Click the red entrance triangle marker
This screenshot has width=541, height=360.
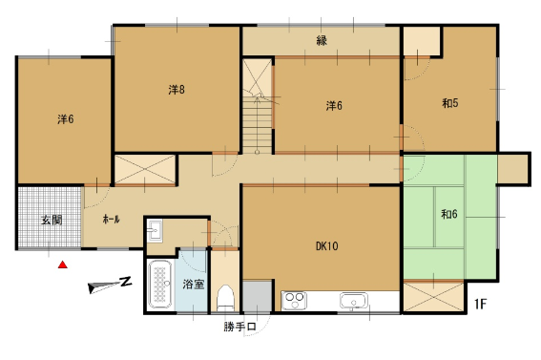tap(62, 265)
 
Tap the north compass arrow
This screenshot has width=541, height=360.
tap(110, 285)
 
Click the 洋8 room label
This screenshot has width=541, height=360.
tap(177, 90)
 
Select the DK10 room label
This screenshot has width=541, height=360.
tap(326, 246)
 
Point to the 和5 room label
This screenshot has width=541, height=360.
tap(450, 103)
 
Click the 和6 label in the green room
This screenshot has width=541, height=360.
tap(448, 214)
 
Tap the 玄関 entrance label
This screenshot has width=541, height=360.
tap(52, 220)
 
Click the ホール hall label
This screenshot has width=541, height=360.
tap(111, 219)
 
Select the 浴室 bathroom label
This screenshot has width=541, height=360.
tap(193, 284)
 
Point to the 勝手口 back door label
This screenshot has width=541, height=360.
tap(239, 327)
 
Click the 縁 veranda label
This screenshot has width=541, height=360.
tap(322, 40)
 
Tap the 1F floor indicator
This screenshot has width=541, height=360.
tap(480, 304)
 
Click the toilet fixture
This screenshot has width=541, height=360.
tap(226, 298)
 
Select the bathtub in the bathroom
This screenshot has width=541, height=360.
tap(159, 285)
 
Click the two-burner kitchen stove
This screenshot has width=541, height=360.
tap(294, 301)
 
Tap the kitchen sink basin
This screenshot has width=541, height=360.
tap(354, 300)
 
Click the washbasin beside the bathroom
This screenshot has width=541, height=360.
tap(155, 230)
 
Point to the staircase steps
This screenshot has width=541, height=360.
tap(258, 125)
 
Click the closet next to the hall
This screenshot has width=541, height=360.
tap(145, 169)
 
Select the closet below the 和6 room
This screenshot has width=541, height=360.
tap(434, 297)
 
